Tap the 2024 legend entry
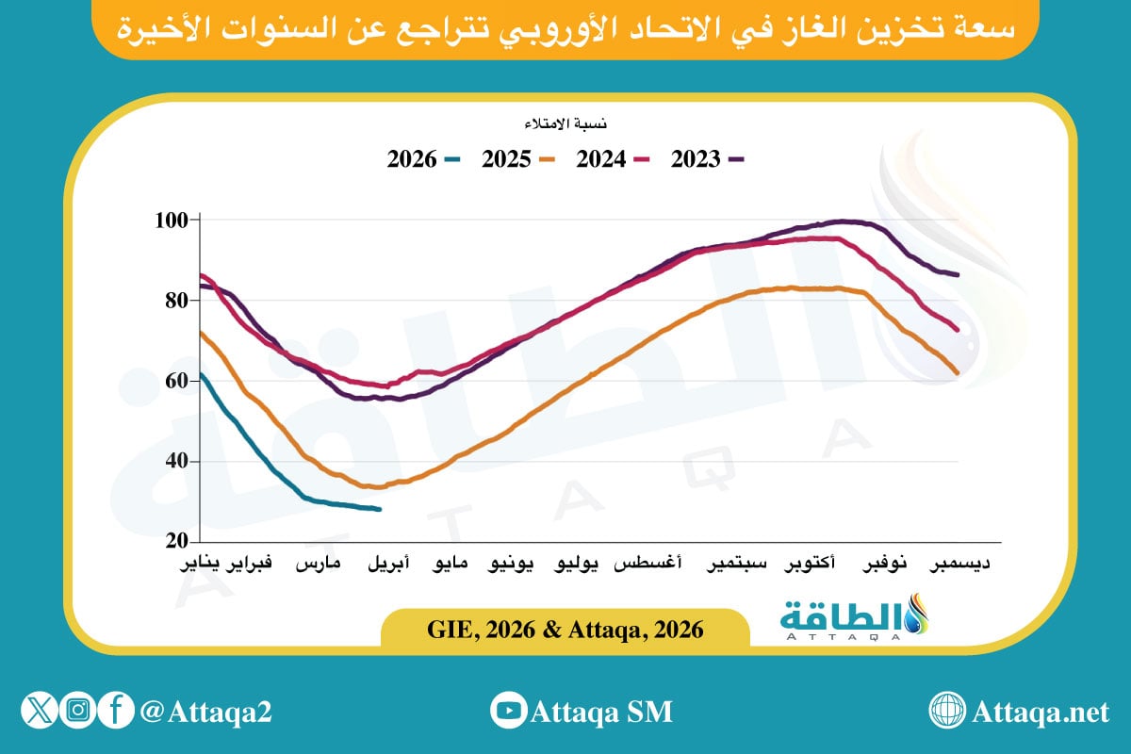[613, 159]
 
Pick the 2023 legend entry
[707, 159]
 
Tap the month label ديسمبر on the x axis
[960, 565]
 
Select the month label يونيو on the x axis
[512, 565]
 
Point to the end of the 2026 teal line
[380, 510]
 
